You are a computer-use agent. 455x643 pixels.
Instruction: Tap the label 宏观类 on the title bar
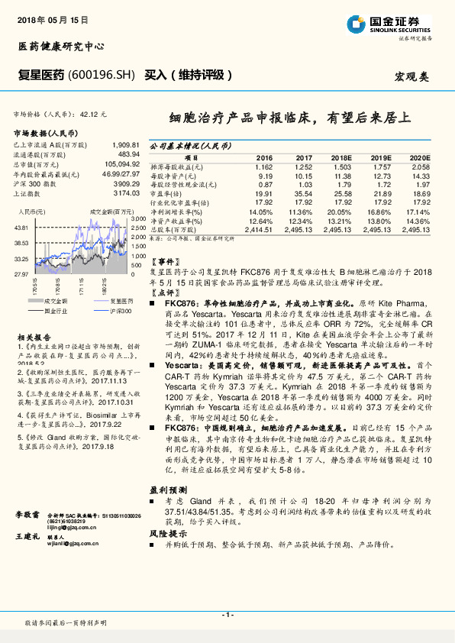coord(412,76)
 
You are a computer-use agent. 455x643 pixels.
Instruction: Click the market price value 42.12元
coord(94,113)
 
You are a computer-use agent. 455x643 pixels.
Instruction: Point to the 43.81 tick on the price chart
coord(21,228)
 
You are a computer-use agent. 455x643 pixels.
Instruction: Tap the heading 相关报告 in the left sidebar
coord(34,336)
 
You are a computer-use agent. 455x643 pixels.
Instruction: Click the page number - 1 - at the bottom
coord(227,615)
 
